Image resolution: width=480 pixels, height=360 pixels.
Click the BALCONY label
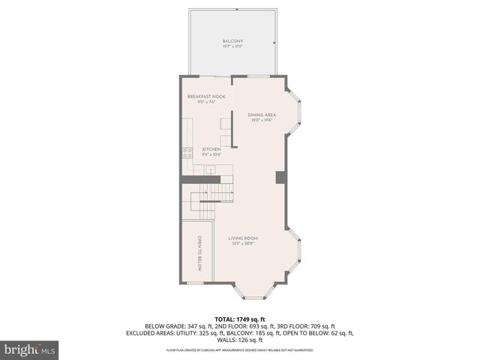pos(232,40)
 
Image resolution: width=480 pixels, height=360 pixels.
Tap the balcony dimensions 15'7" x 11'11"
pos(232,46)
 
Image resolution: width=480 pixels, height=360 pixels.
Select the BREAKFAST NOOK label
pos(206,97)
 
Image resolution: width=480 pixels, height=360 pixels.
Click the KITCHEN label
pos(211,149)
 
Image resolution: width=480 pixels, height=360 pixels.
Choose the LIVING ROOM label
pos(244,238)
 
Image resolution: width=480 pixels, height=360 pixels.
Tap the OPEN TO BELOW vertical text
pos(199,253)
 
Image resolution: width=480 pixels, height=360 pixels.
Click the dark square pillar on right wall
pos(280,177)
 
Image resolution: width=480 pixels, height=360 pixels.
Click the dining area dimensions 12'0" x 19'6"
pos(260,120)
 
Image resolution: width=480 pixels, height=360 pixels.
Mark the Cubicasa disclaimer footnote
pos(239,349)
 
